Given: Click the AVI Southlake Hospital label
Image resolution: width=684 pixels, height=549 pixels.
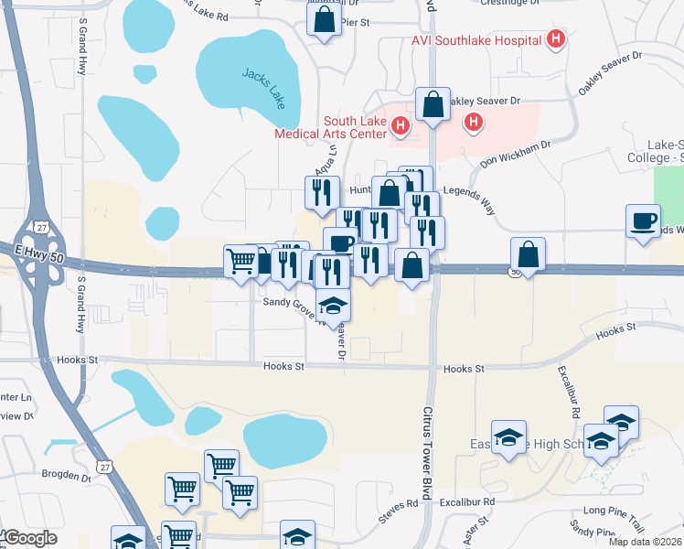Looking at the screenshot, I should (472, 40).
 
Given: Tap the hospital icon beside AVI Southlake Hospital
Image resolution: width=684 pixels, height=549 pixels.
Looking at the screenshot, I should (554, 39).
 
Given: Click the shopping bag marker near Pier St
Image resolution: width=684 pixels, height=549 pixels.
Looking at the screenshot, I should (324, 20).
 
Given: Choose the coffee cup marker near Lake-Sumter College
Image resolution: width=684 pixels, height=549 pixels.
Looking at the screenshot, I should (644, 221).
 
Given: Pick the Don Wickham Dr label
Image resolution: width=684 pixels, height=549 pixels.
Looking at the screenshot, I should (516, 154).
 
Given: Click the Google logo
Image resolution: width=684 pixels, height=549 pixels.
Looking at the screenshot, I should (29, 538).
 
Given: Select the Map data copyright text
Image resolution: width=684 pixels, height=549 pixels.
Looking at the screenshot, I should (645, 541).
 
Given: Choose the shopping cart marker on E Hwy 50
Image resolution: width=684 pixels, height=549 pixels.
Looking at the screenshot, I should (241, 261).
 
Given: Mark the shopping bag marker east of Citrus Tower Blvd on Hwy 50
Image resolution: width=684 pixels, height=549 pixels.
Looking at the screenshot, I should (529, 253).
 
